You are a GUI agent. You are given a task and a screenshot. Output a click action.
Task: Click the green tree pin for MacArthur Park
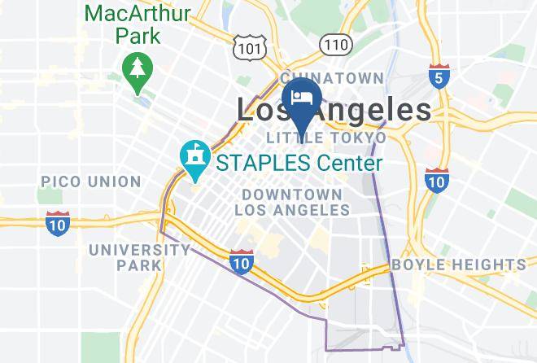pos(133,68)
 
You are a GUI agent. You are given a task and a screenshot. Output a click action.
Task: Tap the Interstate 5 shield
pos(439,77)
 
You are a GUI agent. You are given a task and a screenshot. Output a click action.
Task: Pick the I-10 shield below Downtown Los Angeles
pos(240,262)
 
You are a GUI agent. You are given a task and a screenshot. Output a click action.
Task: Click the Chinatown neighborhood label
pos(332,78)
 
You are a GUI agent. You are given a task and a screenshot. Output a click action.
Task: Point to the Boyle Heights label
pos(458,265)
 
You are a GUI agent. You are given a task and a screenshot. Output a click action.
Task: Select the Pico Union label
pos(90,181)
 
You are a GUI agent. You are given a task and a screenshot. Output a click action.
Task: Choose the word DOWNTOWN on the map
pos(291,195)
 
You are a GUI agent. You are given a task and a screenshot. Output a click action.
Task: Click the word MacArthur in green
pos(138,14)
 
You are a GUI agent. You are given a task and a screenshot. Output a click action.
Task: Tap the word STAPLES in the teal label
pos(261,163)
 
